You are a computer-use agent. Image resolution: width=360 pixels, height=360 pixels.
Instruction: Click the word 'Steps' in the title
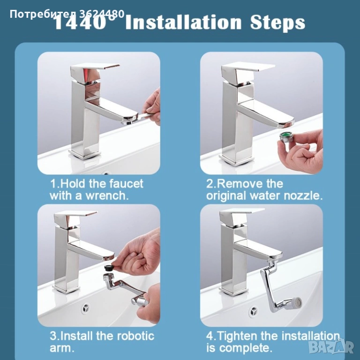277,23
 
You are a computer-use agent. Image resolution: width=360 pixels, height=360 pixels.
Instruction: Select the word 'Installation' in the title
184,22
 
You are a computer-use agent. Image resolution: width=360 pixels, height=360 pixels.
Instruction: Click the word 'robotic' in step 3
135,336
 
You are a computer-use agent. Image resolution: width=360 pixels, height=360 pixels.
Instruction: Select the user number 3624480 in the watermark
102,14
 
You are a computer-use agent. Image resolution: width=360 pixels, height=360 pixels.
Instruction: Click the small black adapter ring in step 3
108,268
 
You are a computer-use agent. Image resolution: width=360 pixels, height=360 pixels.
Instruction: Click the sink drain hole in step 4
254,311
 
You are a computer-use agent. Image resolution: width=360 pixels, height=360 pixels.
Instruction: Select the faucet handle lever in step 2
247,70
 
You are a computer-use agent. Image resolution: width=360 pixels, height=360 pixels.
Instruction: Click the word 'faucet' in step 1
126,184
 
